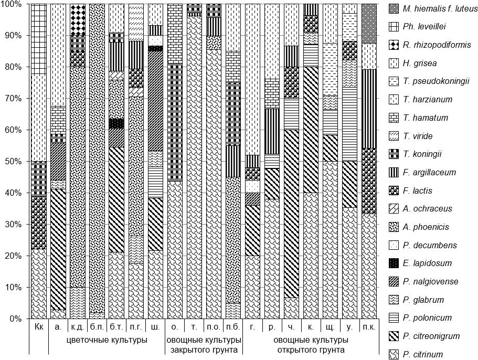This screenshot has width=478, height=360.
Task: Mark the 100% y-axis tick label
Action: [11, 4]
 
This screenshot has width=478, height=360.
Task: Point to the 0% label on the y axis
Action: [15, 319]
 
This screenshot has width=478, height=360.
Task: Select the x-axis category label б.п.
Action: [97, 327]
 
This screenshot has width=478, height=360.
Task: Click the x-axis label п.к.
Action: [369, 327]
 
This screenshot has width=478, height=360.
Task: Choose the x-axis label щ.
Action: [330, 327]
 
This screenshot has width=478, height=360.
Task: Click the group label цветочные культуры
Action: [107, 340]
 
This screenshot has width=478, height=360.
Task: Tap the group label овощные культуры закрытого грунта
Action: [204, 344]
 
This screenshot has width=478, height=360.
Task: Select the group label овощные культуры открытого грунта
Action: [311, 344]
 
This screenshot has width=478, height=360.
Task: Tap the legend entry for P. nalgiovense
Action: [429, 282]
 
